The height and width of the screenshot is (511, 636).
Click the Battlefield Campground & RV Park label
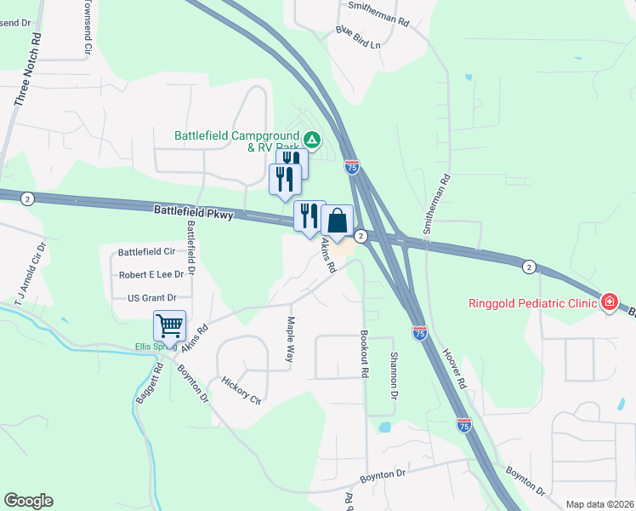click(236, 141)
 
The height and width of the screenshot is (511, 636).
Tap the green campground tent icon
click(312, 139)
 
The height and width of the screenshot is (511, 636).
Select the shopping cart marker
click(169, 326)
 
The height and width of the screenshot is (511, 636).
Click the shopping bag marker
click(337, 221)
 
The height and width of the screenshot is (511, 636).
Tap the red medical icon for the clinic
click(609, 302)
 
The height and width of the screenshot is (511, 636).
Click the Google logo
click(28, 501)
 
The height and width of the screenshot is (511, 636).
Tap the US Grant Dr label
click(151, 298)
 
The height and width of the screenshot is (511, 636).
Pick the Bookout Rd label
click(364, 354)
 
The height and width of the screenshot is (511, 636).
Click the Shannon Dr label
click(393, 376)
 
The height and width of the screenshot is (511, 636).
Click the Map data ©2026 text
click(599, 504)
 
